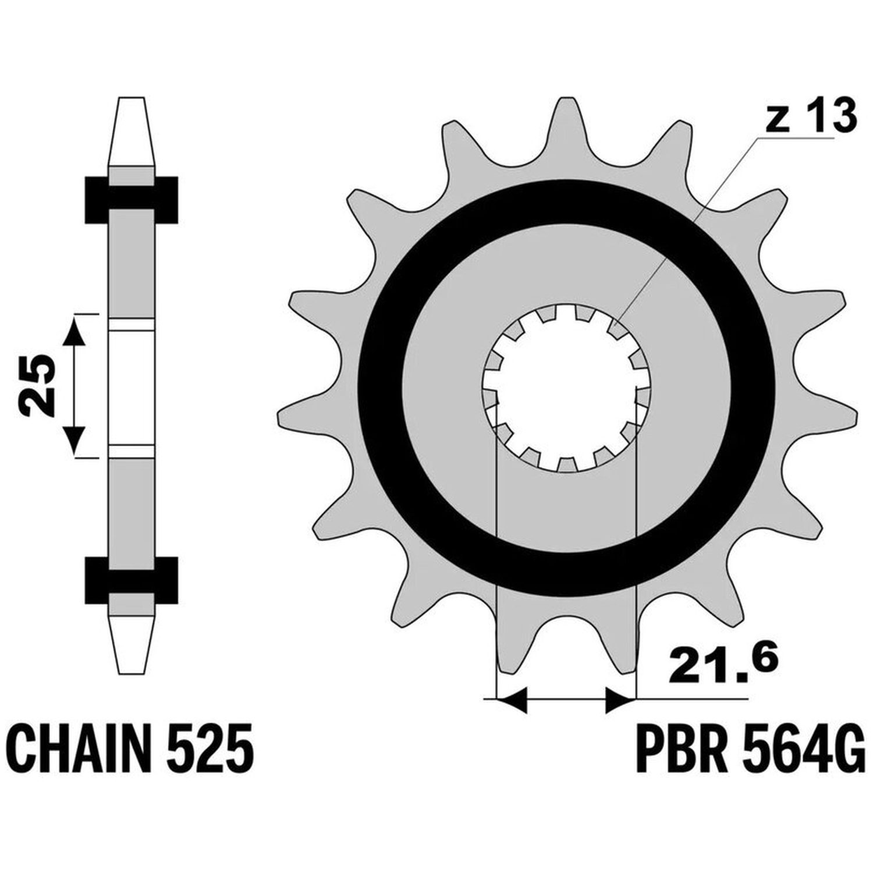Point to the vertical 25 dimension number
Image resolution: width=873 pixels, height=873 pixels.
36,385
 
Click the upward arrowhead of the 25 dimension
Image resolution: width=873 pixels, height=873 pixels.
73,332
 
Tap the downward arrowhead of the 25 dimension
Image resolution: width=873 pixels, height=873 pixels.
73,439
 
